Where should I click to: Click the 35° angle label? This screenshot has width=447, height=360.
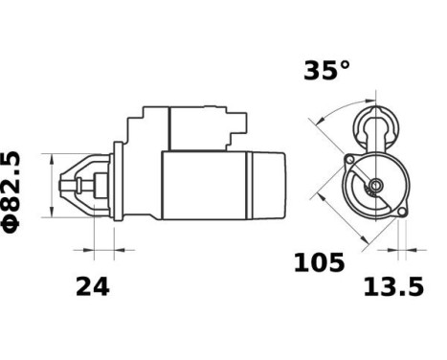pos(326,71)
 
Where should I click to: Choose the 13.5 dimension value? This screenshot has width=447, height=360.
pos(391,285)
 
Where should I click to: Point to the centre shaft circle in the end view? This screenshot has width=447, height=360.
pos(375,185)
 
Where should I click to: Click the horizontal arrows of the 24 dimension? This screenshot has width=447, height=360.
pos(94,253)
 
